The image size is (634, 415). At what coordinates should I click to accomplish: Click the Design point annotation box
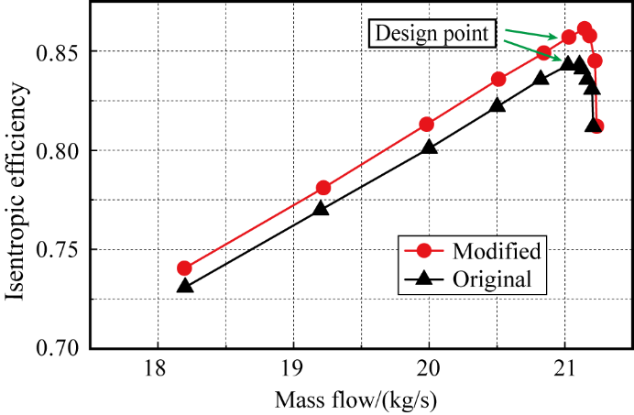pyautogui.click(x=432, y=35)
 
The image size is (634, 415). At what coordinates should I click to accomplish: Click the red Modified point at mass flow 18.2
pyautogui.click(x=184, y=268)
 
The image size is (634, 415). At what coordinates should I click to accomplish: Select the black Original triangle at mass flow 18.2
pyautogui.click(x=184, y=286)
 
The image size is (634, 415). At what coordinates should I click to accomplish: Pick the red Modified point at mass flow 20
pyautogui.click(x=427, y=125)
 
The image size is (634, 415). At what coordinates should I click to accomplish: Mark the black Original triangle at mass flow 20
pyautogui.click(x=429, y=147)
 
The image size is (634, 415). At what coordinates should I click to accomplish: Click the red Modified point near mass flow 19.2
pyautogui.click(x=322, y=188)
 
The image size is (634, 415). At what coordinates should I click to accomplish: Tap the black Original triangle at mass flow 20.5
pyautogui.click(x=497, y=105)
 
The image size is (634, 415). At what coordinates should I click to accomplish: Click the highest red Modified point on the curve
pyautogui.click(x=584, y=28)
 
